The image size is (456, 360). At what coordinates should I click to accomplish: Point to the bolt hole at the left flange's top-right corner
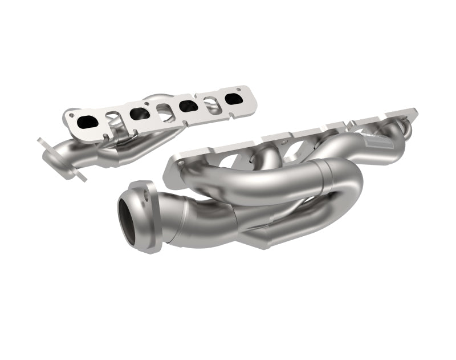point(240,90)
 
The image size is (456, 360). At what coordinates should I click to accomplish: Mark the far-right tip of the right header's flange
point(415,110)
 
